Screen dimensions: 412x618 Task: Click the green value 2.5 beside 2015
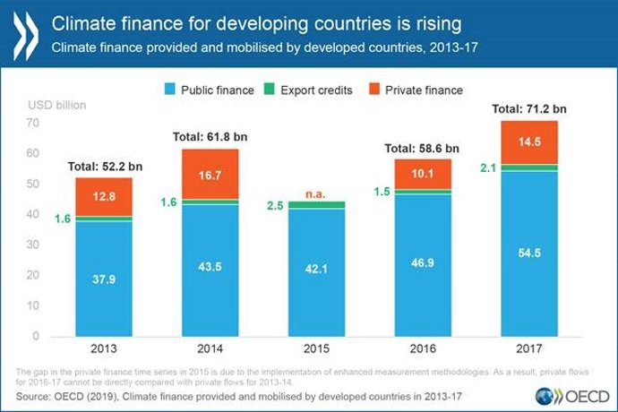point(275,206)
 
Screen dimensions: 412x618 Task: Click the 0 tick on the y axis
point(35,337)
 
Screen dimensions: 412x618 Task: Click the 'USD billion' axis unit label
point(57,105)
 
